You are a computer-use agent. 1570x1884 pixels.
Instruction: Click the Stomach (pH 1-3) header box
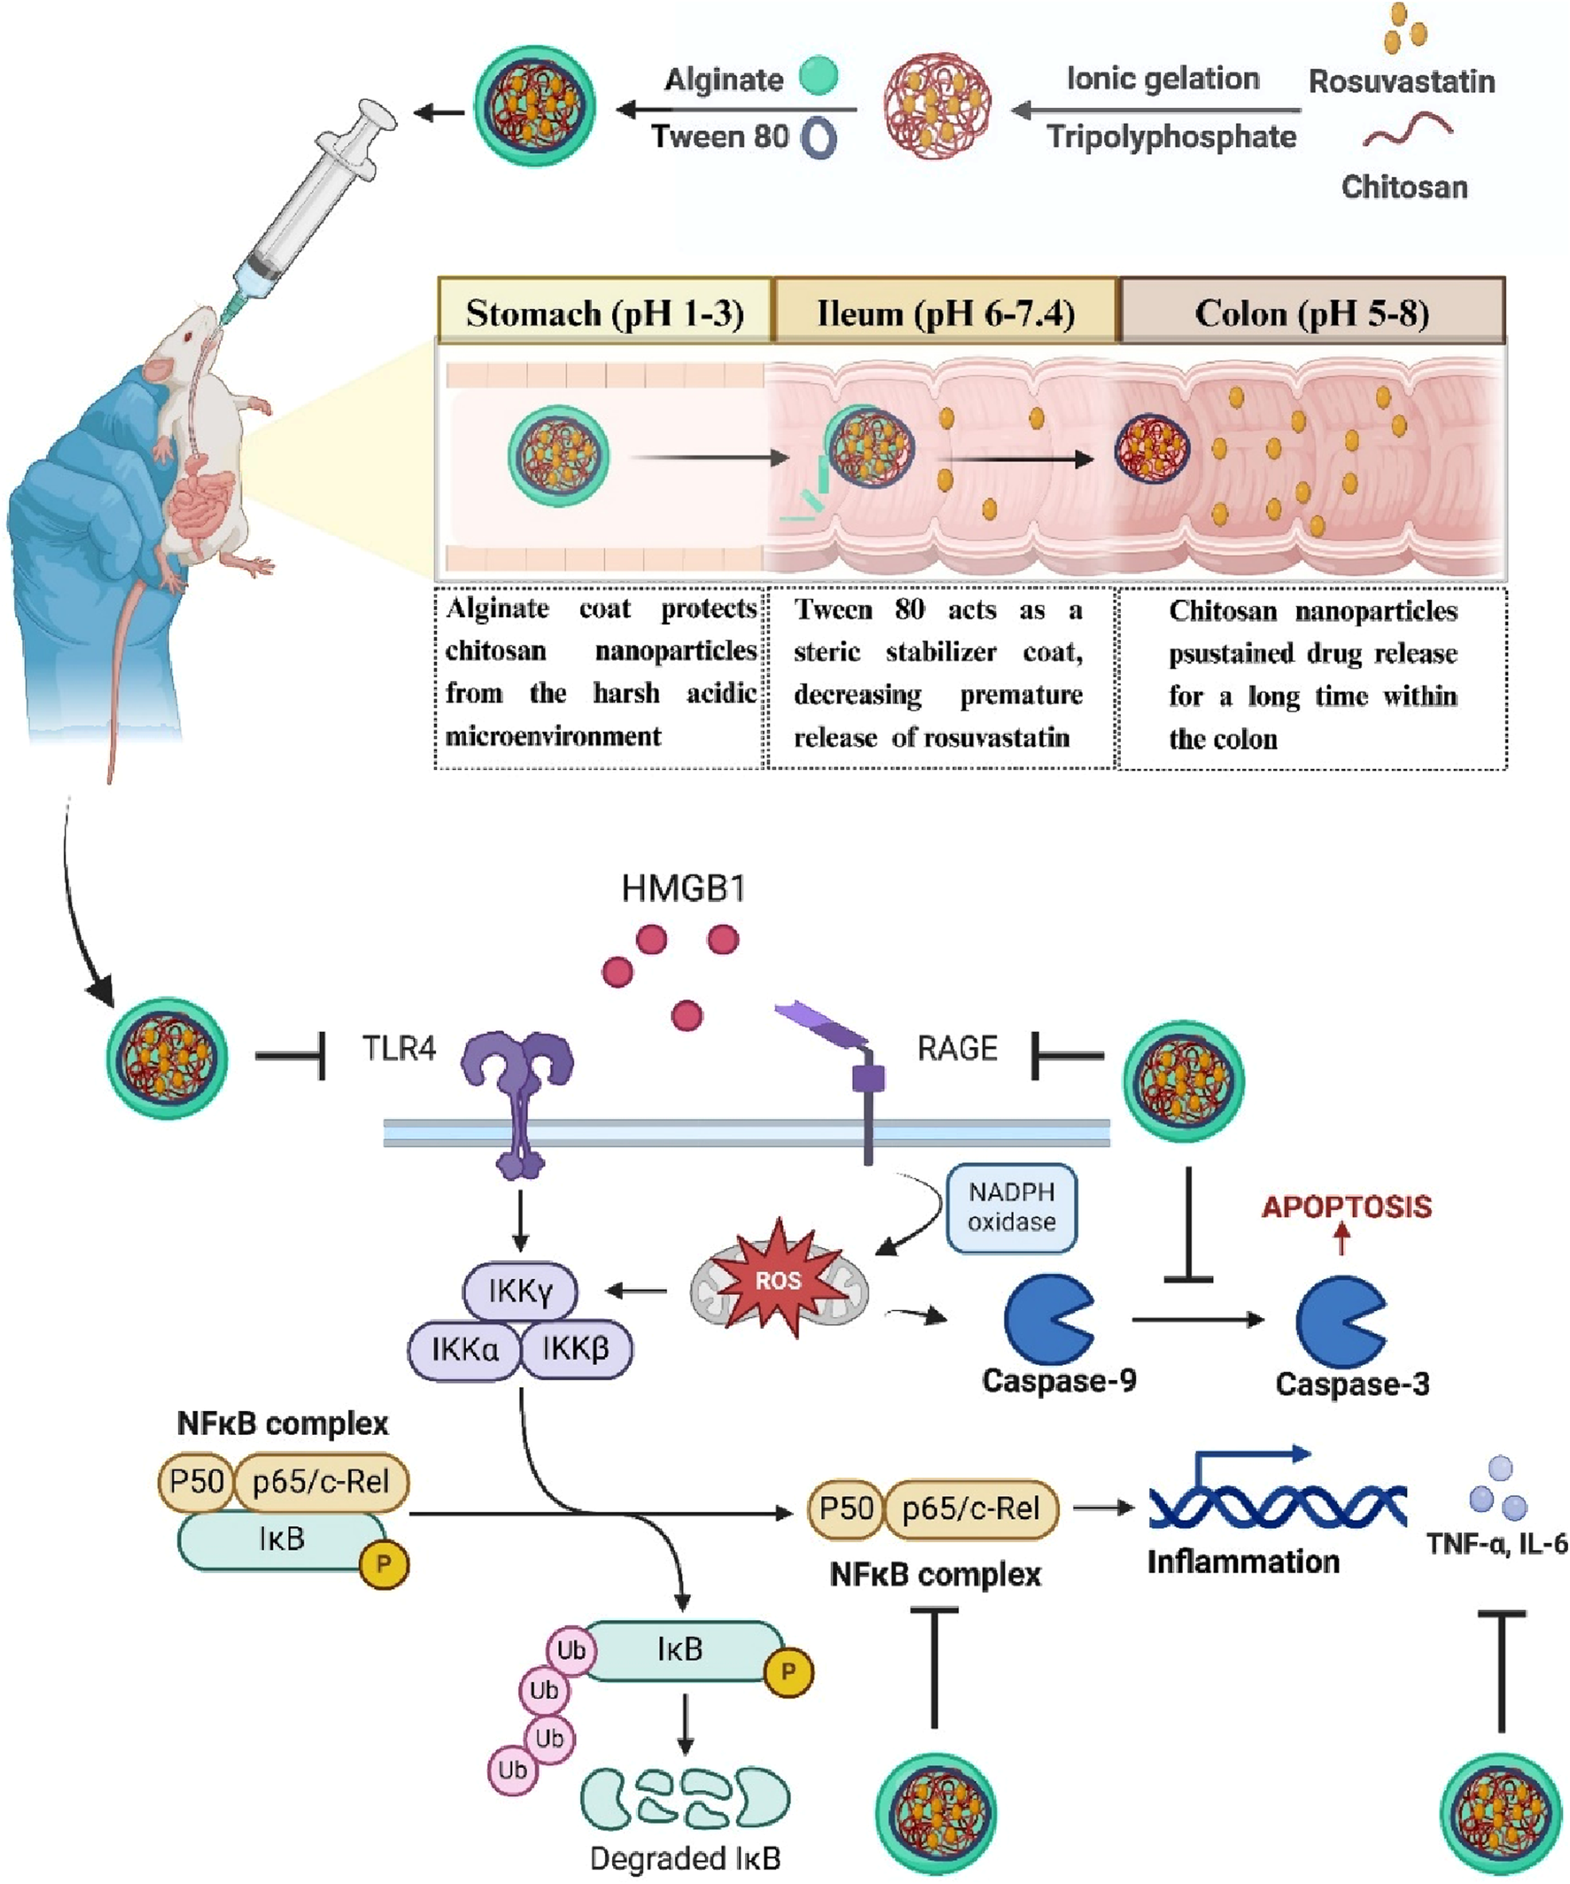coord(603,312)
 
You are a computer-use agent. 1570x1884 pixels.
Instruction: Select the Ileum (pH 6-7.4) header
coord(945,312)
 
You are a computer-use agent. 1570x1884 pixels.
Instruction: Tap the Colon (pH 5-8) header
coord(1311,312)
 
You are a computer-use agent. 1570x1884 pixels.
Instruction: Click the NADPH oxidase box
coord(1011,1207)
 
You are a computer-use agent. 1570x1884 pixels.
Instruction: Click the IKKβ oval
coord(576,1348)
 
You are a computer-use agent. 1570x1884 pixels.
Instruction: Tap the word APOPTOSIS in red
coord(1346,1206)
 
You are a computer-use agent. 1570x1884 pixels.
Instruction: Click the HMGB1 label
coord(684,888)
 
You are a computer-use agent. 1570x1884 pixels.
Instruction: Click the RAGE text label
coord(957,1048)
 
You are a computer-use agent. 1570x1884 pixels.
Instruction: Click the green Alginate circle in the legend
coord(818,75)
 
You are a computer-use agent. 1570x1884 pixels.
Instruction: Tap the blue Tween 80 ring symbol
coord(818,138)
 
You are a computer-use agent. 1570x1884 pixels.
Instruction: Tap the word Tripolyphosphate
coord(1170,136)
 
